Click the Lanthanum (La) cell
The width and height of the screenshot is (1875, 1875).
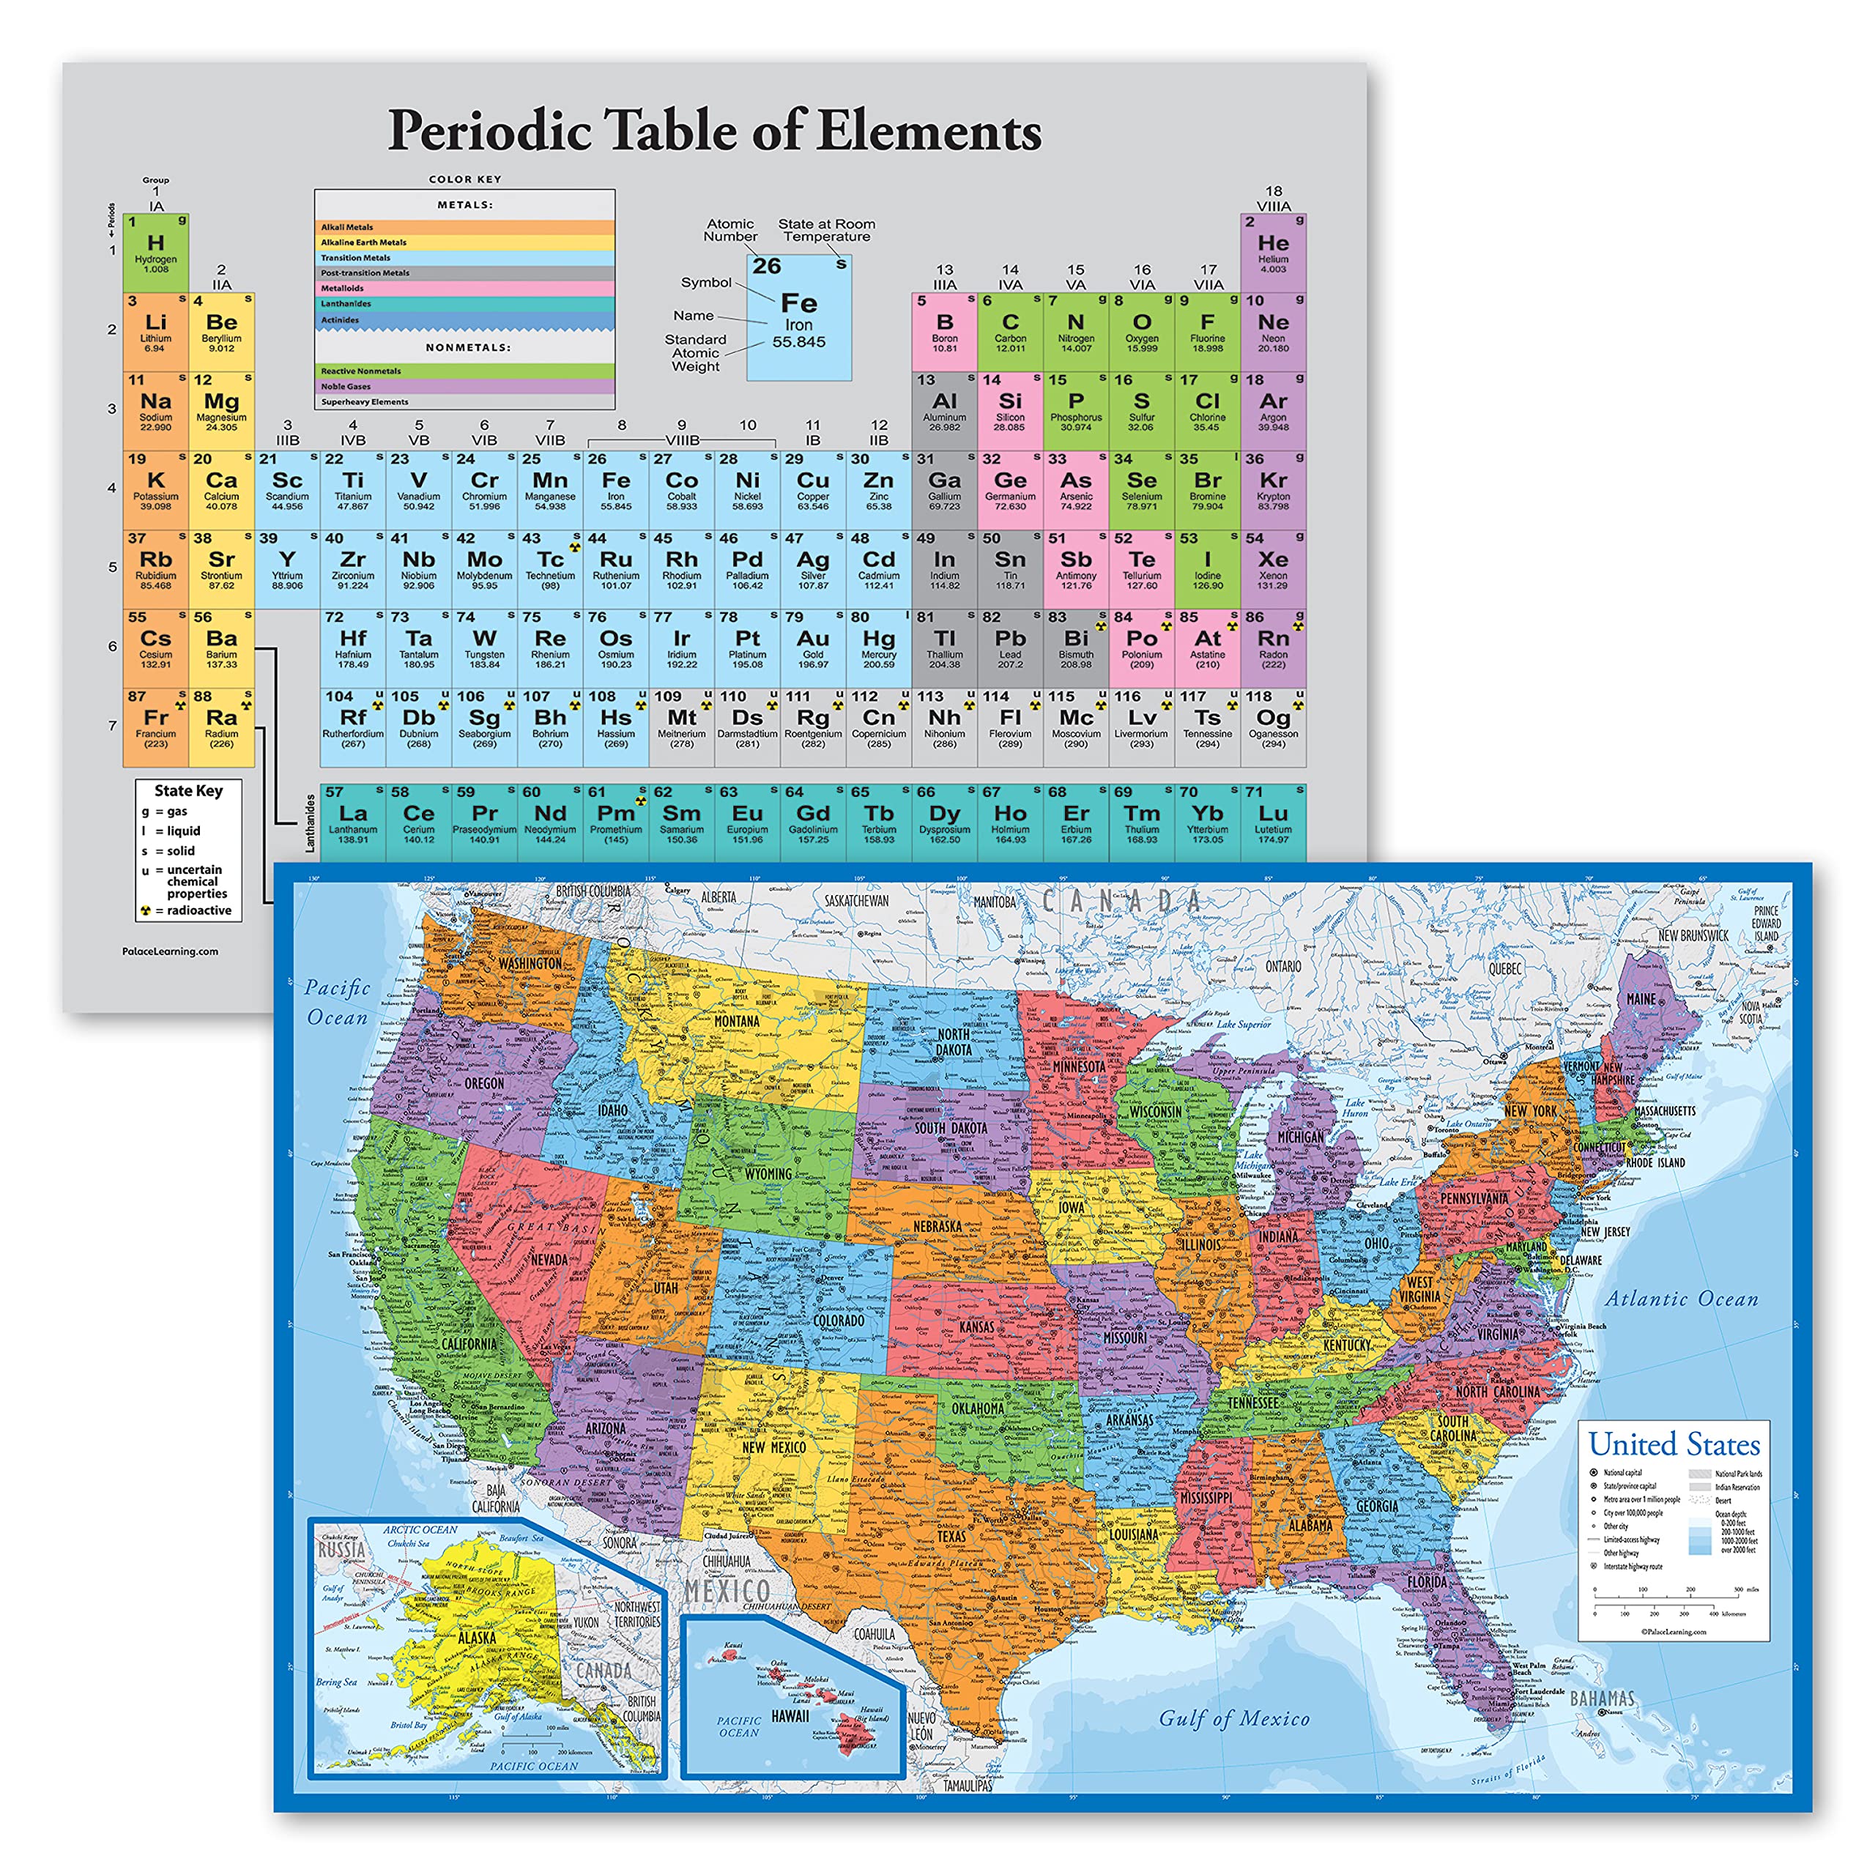[x=353, y=821]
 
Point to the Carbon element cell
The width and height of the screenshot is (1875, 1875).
[x=1010, y=331]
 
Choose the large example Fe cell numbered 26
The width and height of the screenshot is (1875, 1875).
[x=799, y=317]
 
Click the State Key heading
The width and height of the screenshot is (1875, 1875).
[x=188, y=791]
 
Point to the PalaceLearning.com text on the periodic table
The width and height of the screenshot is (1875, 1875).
[x=170, y=951]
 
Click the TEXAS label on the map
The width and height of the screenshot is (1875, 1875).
[x=951, y=1537]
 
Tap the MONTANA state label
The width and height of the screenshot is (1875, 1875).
[x=737, y=1021]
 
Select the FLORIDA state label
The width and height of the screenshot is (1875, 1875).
[x=1427, y=1582]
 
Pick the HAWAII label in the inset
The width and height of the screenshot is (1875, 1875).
[x=790, y=1716]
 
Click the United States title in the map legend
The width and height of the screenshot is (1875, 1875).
[x=1674, y=1444]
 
